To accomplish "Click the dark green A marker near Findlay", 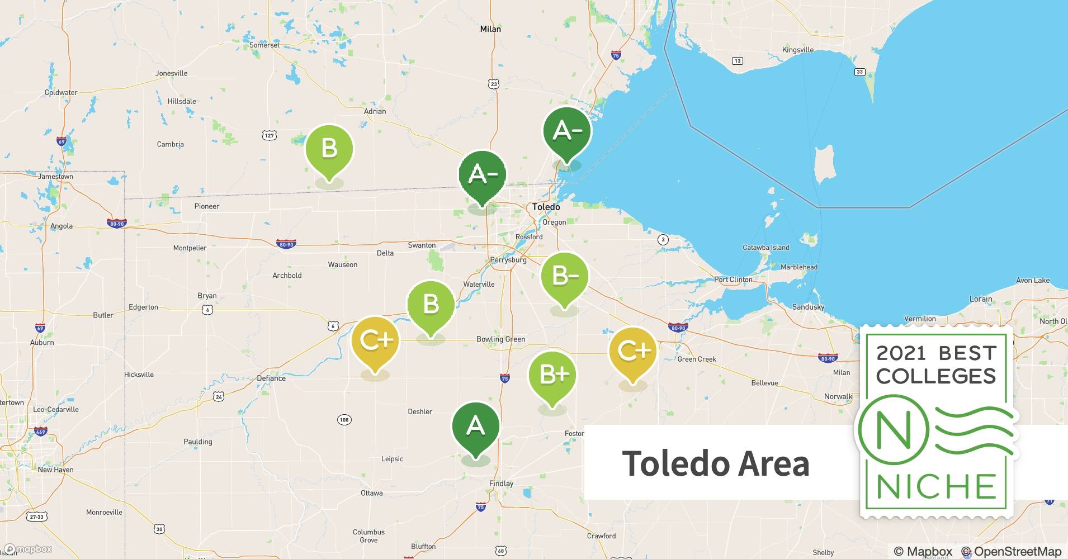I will click(x=475, y=427).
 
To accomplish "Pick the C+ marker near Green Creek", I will click(x=632, y=352).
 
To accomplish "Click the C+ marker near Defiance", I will click(x=375, y=340).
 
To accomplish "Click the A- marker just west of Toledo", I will click(x=482, y=176).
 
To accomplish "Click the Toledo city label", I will click(x=546, y=207).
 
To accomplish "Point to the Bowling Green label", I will click(x=500, y=339).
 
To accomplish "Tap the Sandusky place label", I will click(x=808, y=307).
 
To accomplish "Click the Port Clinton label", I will click(x=733, y=279).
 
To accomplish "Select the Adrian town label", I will click(x=375, y=111).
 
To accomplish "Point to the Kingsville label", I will click(x=797, y=50).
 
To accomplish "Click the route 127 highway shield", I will click(x=269, y=135).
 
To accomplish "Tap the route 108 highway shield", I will click(x=344, y=420).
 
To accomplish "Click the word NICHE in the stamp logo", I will click(x=936, y=486).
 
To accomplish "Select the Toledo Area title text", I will click(x=715, y=463).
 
